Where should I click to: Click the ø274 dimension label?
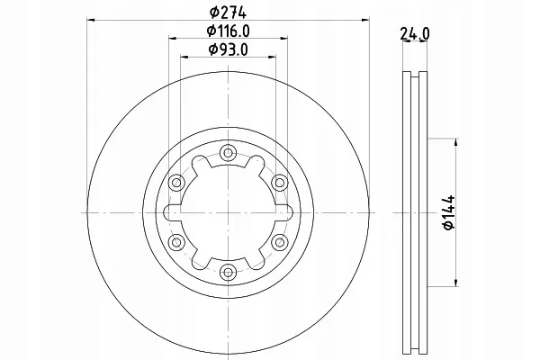coord(225,12)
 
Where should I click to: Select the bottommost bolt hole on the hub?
coord(225,270)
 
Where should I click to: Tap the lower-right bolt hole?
coord(276,240)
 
